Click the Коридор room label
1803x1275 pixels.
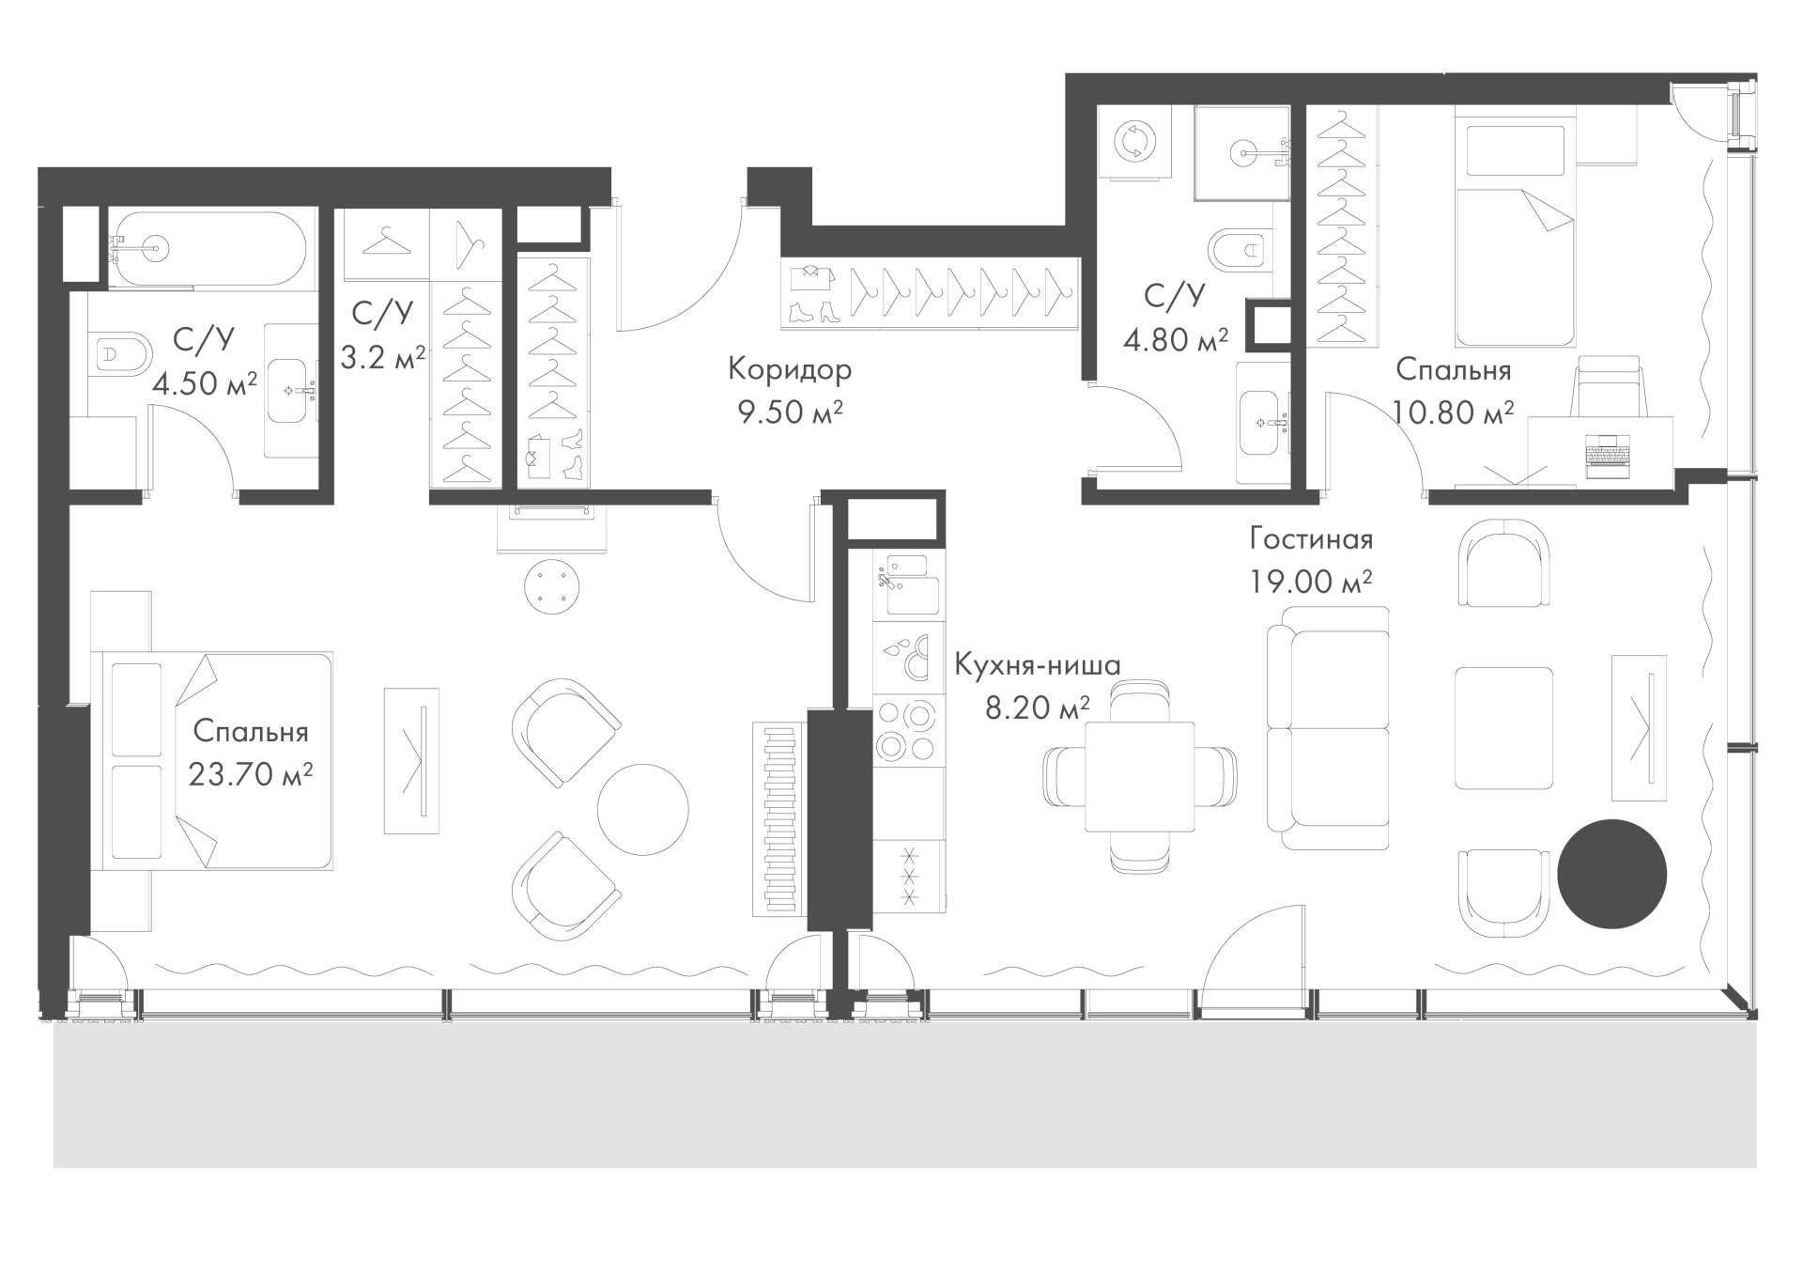(x=790, y=370)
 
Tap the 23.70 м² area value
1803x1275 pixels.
(x=251, y=774)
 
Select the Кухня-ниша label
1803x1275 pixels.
(x=1037, y=665)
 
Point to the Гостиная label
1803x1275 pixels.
(x=1311, y=539)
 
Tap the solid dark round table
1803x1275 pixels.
(x=1611, y=874)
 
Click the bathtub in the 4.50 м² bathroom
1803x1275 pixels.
(x=208, y=247)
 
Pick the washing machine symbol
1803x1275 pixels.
(x=1136, y=143)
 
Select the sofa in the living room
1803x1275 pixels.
(x=1328, y=728)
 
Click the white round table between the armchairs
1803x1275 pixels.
(x=643, y=809)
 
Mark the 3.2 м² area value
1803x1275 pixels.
(x=383, y=357)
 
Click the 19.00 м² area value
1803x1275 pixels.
(x=1311, y=583)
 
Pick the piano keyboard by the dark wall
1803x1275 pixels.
(x=778, y=819)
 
